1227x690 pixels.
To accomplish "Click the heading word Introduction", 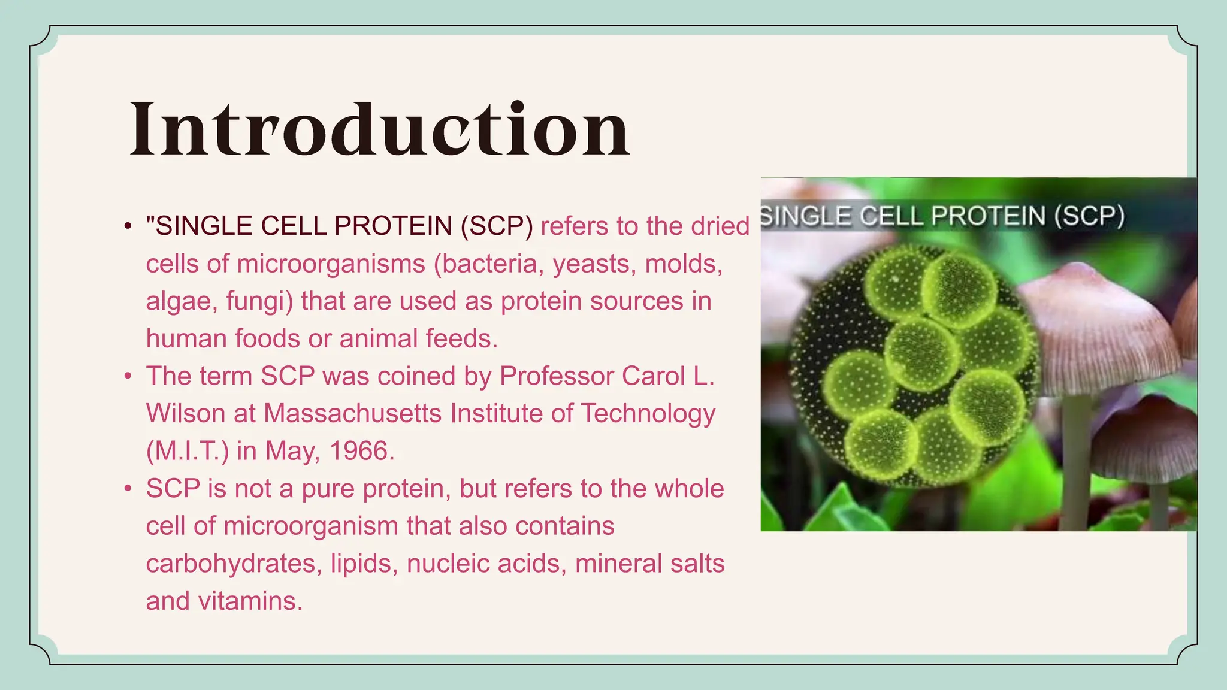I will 379,129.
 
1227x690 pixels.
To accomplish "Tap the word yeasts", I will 594,264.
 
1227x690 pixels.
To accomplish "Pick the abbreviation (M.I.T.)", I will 187,451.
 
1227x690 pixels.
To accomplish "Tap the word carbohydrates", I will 231,564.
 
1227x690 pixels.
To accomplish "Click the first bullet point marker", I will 128,226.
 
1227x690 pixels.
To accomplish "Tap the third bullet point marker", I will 128,489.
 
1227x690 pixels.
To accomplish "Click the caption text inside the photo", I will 943,216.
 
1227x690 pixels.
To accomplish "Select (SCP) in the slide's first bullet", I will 497,226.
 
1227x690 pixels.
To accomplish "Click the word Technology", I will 648,413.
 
